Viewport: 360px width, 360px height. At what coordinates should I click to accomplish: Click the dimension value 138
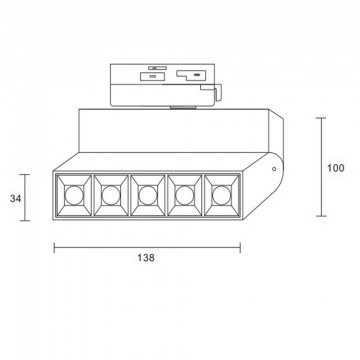[x=146, y=258]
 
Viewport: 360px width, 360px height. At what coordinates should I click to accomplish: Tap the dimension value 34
[x=15, y=199]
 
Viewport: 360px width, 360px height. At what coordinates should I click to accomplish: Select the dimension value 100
[x=335, y=168]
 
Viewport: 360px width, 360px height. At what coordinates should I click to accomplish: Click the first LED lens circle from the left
[x=74, y=195]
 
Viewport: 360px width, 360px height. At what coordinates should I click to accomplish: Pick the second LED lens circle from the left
[x=111, y=195]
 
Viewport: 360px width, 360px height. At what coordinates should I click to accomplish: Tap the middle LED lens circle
[x=147, y=195]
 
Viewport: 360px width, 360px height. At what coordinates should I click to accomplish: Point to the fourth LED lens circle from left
[x=184, y=195]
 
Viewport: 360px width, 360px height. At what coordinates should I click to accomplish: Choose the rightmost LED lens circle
[x=221, y=195]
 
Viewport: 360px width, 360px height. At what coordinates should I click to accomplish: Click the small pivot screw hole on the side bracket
[x=274, y=169]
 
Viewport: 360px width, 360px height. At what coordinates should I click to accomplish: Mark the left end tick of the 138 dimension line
[x=54, y=248]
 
